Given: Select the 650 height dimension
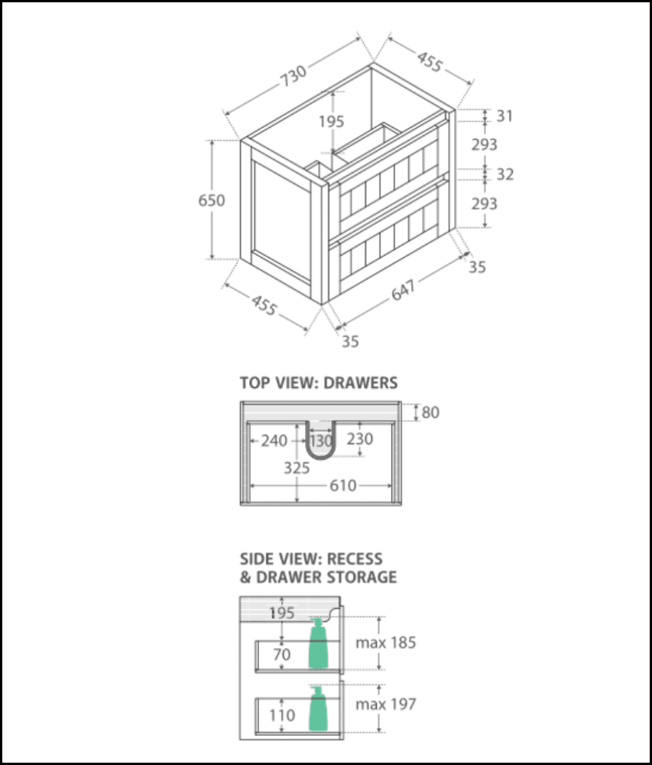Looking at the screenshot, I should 211,200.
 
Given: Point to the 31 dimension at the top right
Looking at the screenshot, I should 504,116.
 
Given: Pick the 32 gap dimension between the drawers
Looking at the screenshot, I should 504,174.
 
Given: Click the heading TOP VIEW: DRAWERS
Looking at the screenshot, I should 318,382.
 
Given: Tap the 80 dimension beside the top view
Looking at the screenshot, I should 430,413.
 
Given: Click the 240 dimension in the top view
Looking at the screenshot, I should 274,441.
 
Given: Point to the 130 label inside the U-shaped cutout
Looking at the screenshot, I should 321,441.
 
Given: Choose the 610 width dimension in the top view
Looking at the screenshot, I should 342,486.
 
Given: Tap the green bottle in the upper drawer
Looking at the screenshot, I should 318,644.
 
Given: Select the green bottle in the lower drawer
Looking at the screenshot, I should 318,709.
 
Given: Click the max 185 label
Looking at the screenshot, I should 385,643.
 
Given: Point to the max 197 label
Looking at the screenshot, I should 385,704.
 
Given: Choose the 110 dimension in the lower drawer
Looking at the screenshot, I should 282,716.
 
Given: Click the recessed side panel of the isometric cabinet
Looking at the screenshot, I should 281,220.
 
